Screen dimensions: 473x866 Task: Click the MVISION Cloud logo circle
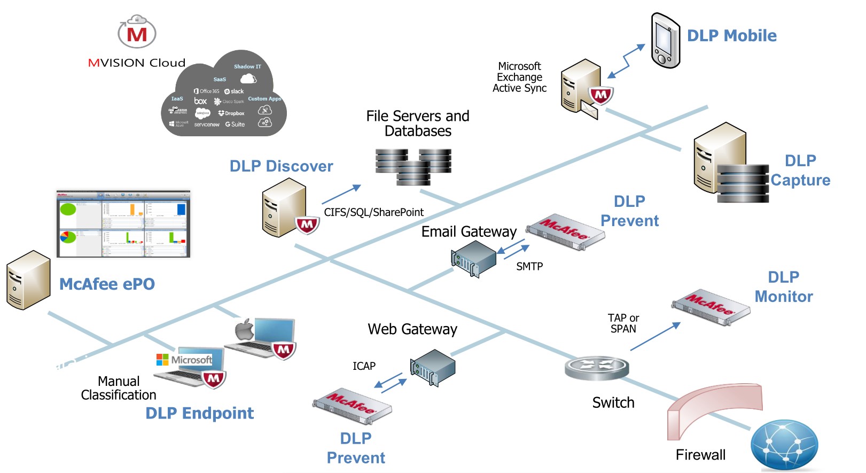137,33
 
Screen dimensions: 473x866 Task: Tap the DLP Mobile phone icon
665,41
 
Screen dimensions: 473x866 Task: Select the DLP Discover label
281,166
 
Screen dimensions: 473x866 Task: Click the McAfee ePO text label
107,284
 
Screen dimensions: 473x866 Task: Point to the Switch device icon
597,368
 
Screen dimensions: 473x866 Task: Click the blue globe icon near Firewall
784,444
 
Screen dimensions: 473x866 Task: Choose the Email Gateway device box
474,258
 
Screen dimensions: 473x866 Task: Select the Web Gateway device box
433,367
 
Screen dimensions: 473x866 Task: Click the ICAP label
364,366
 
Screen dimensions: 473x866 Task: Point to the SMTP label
529,266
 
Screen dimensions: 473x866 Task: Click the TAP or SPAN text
623,323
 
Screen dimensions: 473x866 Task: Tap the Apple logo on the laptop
245,329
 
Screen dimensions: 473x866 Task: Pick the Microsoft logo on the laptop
162,360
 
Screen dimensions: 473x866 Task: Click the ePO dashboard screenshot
123,223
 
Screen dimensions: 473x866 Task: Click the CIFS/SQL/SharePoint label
373,212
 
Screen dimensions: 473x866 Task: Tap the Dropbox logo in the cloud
231,113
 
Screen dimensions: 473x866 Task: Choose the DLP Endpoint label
199,413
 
